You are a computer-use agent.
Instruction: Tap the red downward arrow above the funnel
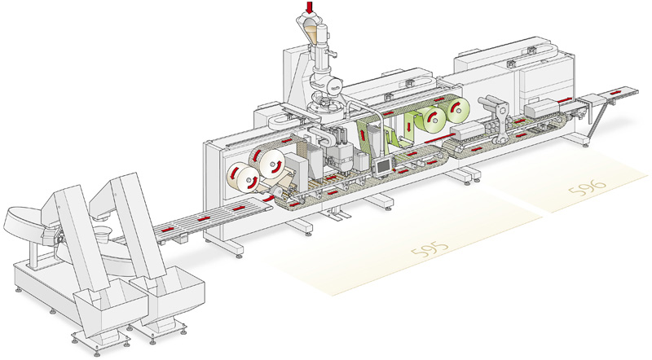[x=308, y=8]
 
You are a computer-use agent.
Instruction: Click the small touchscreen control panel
[x=381, y=168]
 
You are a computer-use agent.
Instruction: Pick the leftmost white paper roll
[x=242, y=178]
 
